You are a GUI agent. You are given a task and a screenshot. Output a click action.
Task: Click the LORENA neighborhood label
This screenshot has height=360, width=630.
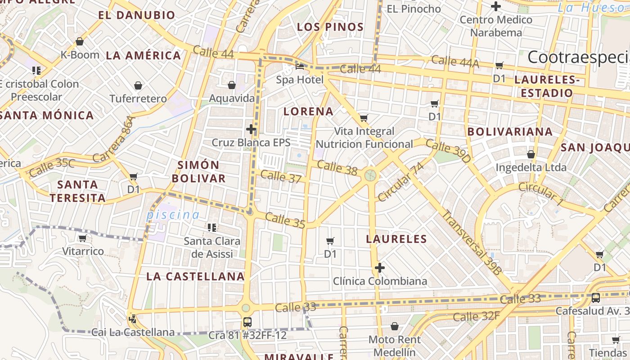click(309, 112)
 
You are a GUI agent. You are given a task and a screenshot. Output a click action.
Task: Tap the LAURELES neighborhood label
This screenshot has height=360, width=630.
click(396, 239)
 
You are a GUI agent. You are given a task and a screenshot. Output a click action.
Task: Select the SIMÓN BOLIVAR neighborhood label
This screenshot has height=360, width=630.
click(198, 171)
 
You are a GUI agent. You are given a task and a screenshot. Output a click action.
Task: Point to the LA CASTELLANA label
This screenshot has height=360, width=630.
click(195, 276)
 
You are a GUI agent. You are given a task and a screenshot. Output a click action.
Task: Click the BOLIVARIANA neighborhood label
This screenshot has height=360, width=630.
click(510, 132)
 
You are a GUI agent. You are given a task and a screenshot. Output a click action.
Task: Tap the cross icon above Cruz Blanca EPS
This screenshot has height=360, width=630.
click(251, 130)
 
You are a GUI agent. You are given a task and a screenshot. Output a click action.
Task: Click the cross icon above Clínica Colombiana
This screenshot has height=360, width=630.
click(380, 268)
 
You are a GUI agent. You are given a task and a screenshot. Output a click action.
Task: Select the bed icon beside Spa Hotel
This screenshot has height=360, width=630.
click(300, 67)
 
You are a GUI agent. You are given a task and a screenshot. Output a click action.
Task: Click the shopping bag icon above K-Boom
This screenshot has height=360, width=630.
click(80, 42)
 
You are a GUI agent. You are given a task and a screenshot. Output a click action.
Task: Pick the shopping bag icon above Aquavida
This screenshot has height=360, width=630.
click(232, 85)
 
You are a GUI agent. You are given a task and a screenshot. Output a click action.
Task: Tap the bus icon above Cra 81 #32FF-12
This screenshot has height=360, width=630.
click(247, 322)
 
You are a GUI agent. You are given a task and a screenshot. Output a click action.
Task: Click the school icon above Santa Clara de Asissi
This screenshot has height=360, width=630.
click(212, 228)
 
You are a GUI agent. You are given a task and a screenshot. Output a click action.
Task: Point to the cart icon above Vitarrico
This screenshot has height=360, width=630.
click(82, 238)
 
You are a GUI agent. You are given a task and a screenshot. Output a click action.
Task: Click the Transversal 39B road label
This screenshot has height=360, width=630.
click(471, 242)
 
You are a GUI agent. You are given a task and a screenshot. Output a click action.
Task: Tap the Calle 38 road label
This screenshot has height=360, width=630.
click(337, 168)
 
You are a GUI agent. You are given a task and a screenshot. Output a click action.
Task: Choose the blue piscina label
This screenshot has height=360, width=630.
click(173, 215)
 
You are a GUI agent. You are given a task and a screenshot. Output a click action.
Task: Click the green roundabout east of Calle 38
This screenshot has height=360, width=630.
click(370, 175)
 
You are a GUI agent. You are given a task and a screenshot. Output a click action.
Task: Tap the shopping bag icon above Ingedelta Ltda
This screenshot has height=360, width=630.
click(531, 154)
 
